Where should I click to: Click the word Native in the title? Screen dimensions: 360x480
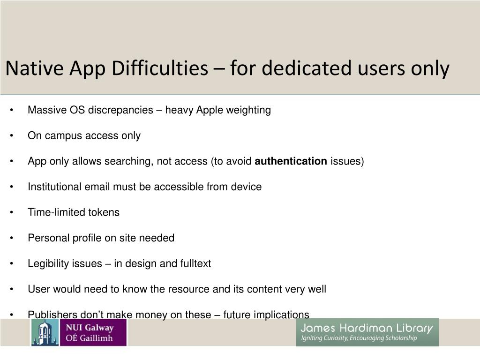(35, 69)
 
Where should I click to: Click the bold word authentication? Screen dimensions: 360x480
(291, 161)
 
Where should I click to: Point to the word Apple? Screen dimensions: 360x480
(210, 110)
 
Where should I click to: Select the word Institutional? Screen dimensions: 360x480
(55, 187)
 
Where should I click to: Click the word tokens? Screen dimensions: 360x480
(104, 212)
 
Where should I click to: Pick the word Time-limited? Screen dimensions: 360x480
(57, 212)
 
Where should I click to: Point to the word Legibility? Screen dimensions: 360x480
(48, 263)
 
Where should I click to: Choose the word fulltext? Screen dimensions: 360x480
(195, 263)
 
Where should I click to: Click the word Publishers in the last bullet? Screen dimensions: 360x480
(51, 315)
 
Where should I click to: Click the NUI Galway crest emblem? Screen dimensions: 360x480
(45, 332)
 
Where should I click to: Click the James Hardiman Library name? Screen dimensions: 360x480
(367, 328)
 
